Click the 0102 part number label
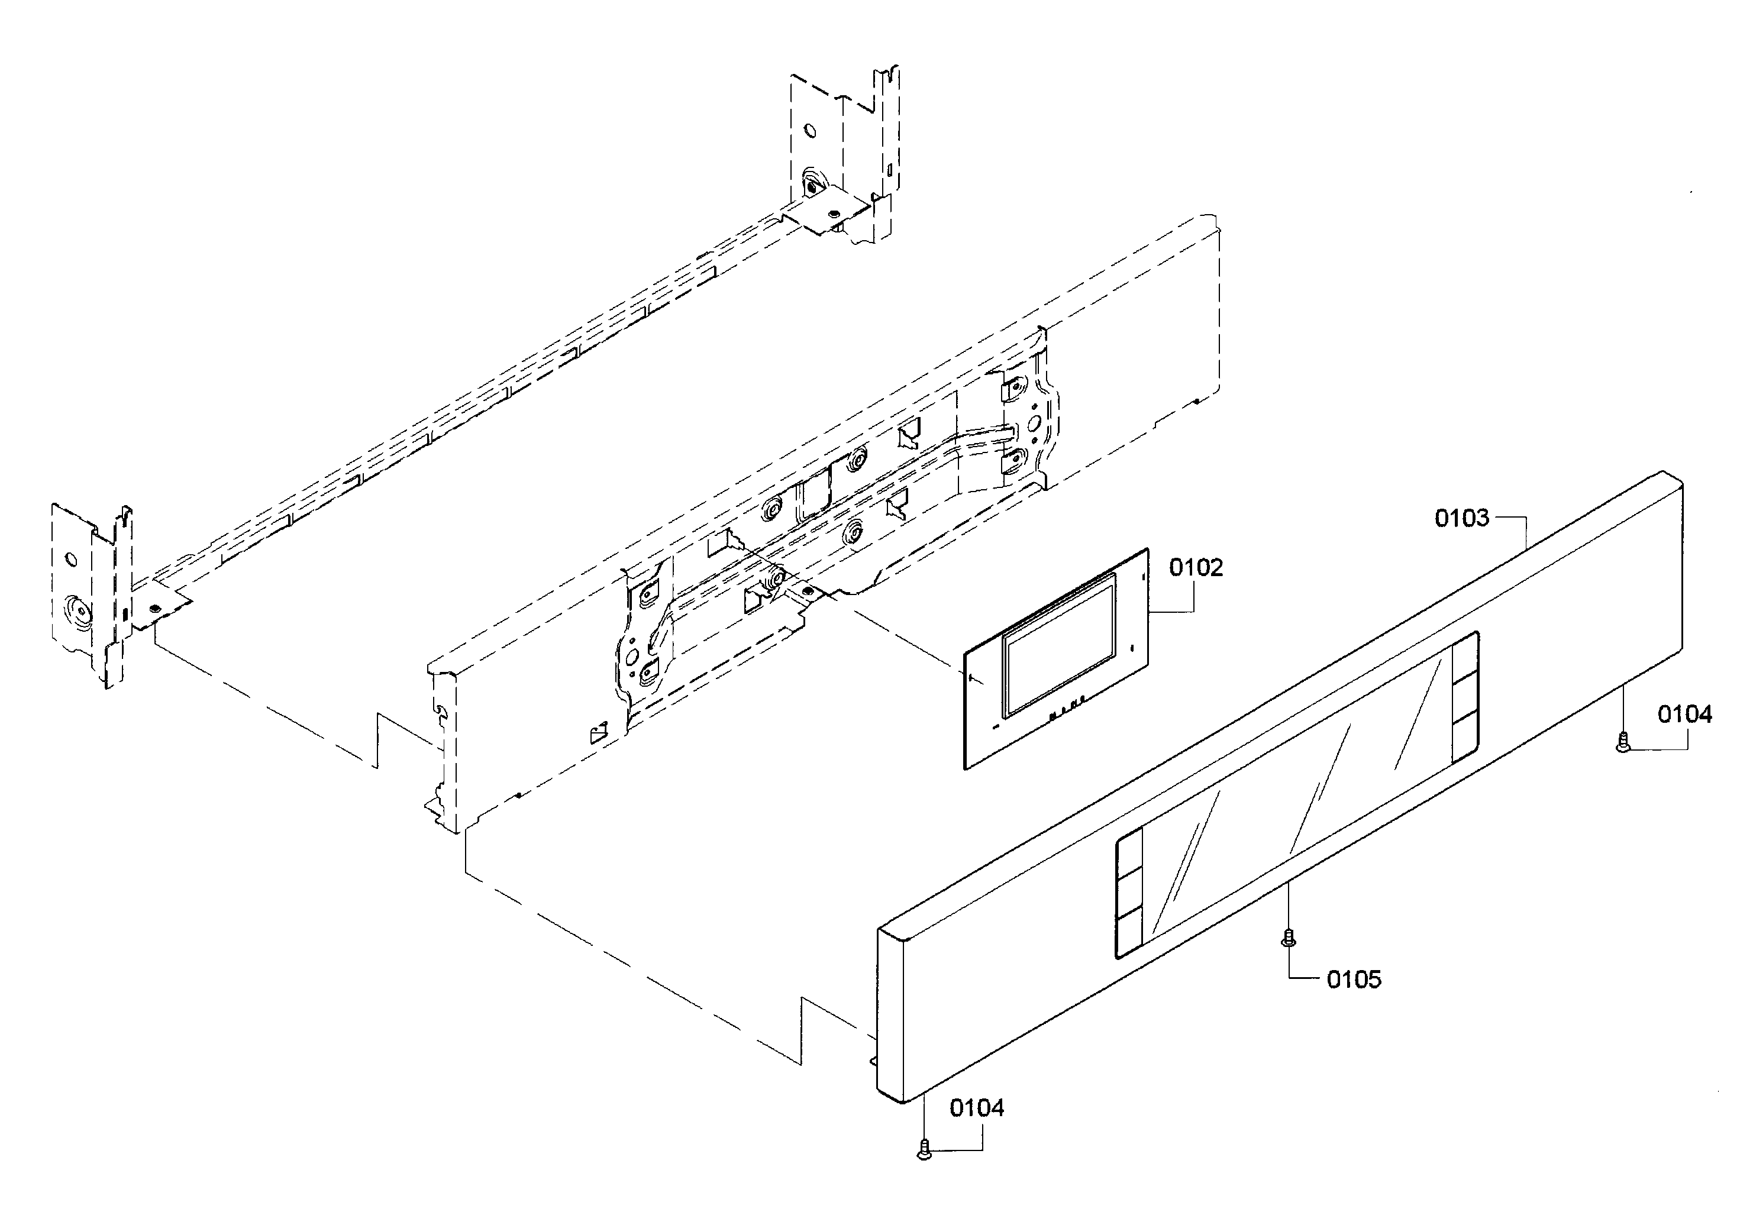point(1196,568)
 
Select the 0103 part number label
point(1461,518)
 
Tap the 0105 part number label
point(1354,980)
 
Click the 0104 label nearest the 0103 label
point(1684,715)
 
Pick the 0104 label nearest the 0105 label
point(977,1107)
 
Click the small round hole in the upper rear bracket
point(811,131)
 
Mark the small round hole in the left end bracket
point(71,560)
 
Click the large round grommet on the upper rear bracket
point(812,183)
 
